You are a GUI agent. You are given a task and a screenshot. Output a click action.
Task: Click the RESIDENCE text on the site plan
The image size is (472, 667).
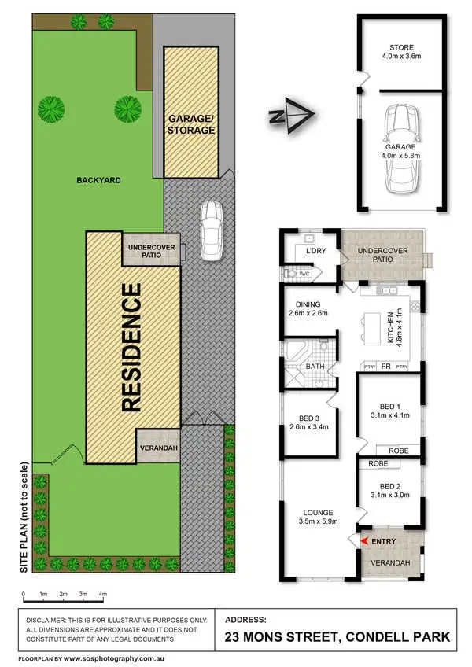(x=131, y=347)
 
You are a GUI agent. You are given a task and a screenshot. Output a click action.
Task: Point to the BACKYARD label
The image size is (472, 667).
(x=98, y=180)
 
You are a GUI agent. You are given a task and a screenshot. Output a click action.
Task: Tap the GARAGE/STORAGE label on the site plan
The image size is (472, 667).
(x=190, y=124)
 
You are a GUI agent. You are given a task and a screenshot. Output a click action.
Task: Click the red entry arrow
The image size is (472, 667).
(x=363, y=540)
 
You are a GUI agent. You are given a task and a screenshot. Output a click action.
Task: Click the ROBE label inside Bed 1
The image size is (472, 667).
(x=399, y=451)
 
